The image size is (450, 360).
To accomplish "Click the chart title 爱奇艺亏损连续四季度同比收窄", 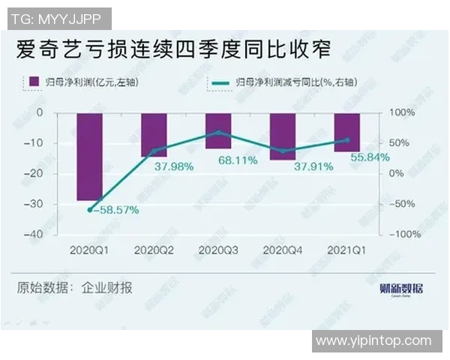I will [x=174, y=50].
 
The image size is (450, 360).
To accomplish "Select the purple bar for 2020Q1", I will [x=90, y=157].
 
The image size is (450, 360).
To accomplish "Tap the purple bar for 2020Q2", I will [x=154, y=135].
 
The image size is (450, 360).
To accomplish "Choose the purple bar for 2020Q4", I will [x=283, y=136].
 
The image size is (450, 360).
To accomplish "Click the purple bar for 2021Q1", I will [x=347, y=132].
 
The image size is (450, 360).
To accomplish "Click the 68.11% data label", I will [x=238, y=160].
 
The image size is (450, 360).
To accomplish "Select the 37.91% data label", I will [x=308, y=166].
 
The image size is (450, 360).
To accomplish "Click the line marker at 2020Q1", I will [x=90, y=210].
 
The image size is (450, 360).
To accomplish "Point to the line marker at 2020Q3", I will [x=218, y=132].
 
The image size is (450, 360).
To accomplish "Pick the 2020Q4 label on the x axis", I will [x=283, y=249].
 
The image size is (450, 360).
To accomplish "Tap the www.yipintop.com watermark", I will [x=373, y=340].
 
